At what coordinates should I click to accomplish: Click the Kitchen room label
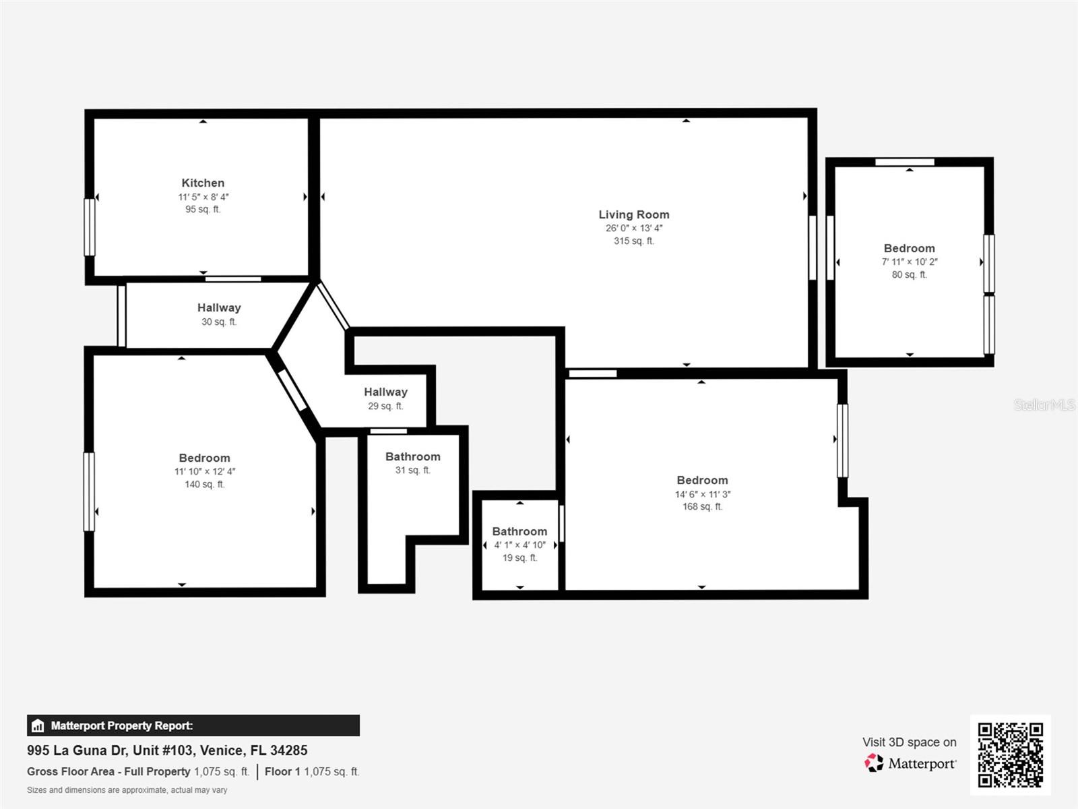point(203,183)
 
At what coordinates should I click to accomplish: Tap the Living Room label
point(634,214)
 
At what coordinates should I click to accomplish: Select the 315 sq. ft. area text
point(634,241)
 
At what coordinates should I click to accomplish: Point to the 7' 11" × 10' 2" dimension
point(910,262)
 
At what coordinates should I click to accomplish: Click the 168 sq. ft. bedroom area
point(702,506)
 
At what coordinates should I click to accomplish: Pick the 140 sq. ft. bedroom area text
point(205,484)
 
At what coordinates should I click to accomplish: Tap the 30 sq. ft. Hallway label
point(219,307)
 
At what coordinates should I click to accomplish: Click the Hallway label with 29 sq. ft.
point(385,392)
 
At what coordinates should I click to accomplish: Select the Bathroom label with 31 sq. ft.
point(412,456)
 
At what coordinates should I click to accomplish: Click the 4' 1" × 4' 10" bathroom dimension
point(519,545)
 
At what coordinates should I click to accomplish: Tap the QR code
point(1010,755)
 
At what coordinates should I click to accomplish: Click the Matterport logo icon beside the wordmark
point(874,763)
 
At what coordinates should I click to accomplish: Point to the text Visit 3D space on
point(909,742)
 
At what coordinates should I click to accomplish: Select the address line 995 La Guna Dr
point(167,750)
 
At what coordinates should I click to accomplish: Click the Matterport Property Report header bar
point(193,725)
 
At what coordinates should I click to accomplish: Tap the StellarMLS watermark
point(1044,404)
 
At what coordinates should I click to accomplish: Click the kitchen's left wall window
point(89,227)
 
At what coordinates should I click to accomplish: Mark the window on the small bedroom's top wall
point(904,162)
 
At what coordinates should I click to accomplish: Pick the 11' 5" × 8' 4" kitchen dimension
point(203,197)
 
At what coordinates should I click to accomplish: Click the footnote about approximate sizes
point(127,790)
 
